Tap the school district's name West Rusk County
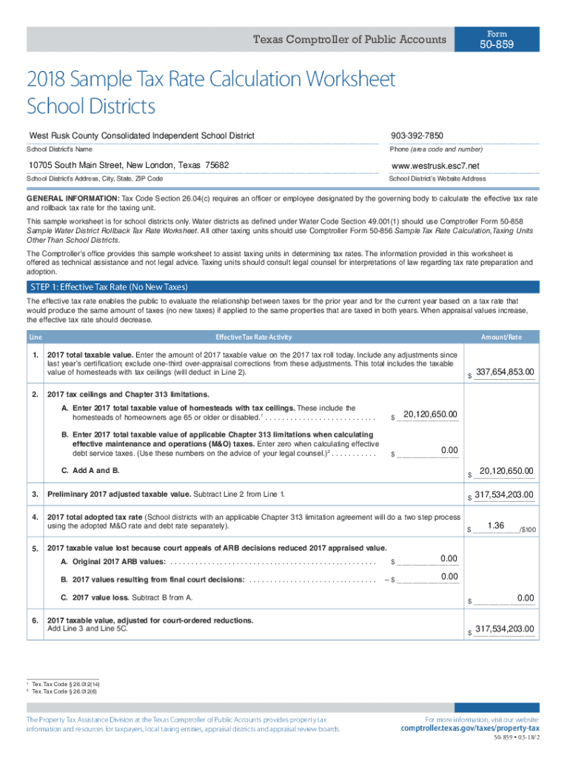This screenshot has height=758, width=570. click(x=141, y=135)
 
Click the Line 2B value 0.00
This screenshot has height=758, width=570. click(x=449, y=450)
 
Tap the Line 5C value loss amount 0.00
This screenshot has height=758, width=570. click(x=526, y=597)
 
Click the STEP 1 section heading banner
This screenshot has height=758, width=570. click(x=109, y=287)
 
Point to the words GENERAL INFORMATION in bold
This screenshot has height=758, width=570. click(x=73, y=199)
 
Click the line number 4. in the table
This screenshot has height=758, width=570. click(x=35, y=517)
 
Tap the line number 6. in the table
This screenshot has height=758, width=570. click(x=35, y=620)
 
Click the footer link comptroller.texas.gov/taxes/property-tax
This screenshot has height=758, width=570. click(x=470, y=728)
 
